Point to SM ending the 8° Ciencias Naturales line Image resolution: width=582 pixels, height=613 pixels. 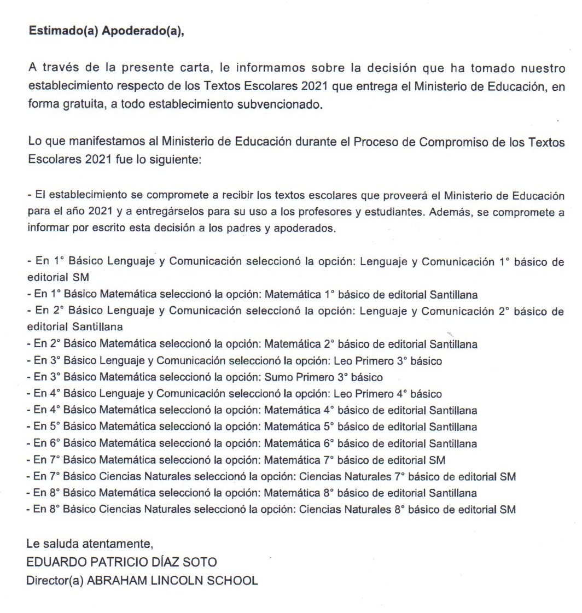point(508,510)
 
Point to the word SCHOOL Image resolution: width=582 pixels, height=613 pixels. point(232,580)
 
